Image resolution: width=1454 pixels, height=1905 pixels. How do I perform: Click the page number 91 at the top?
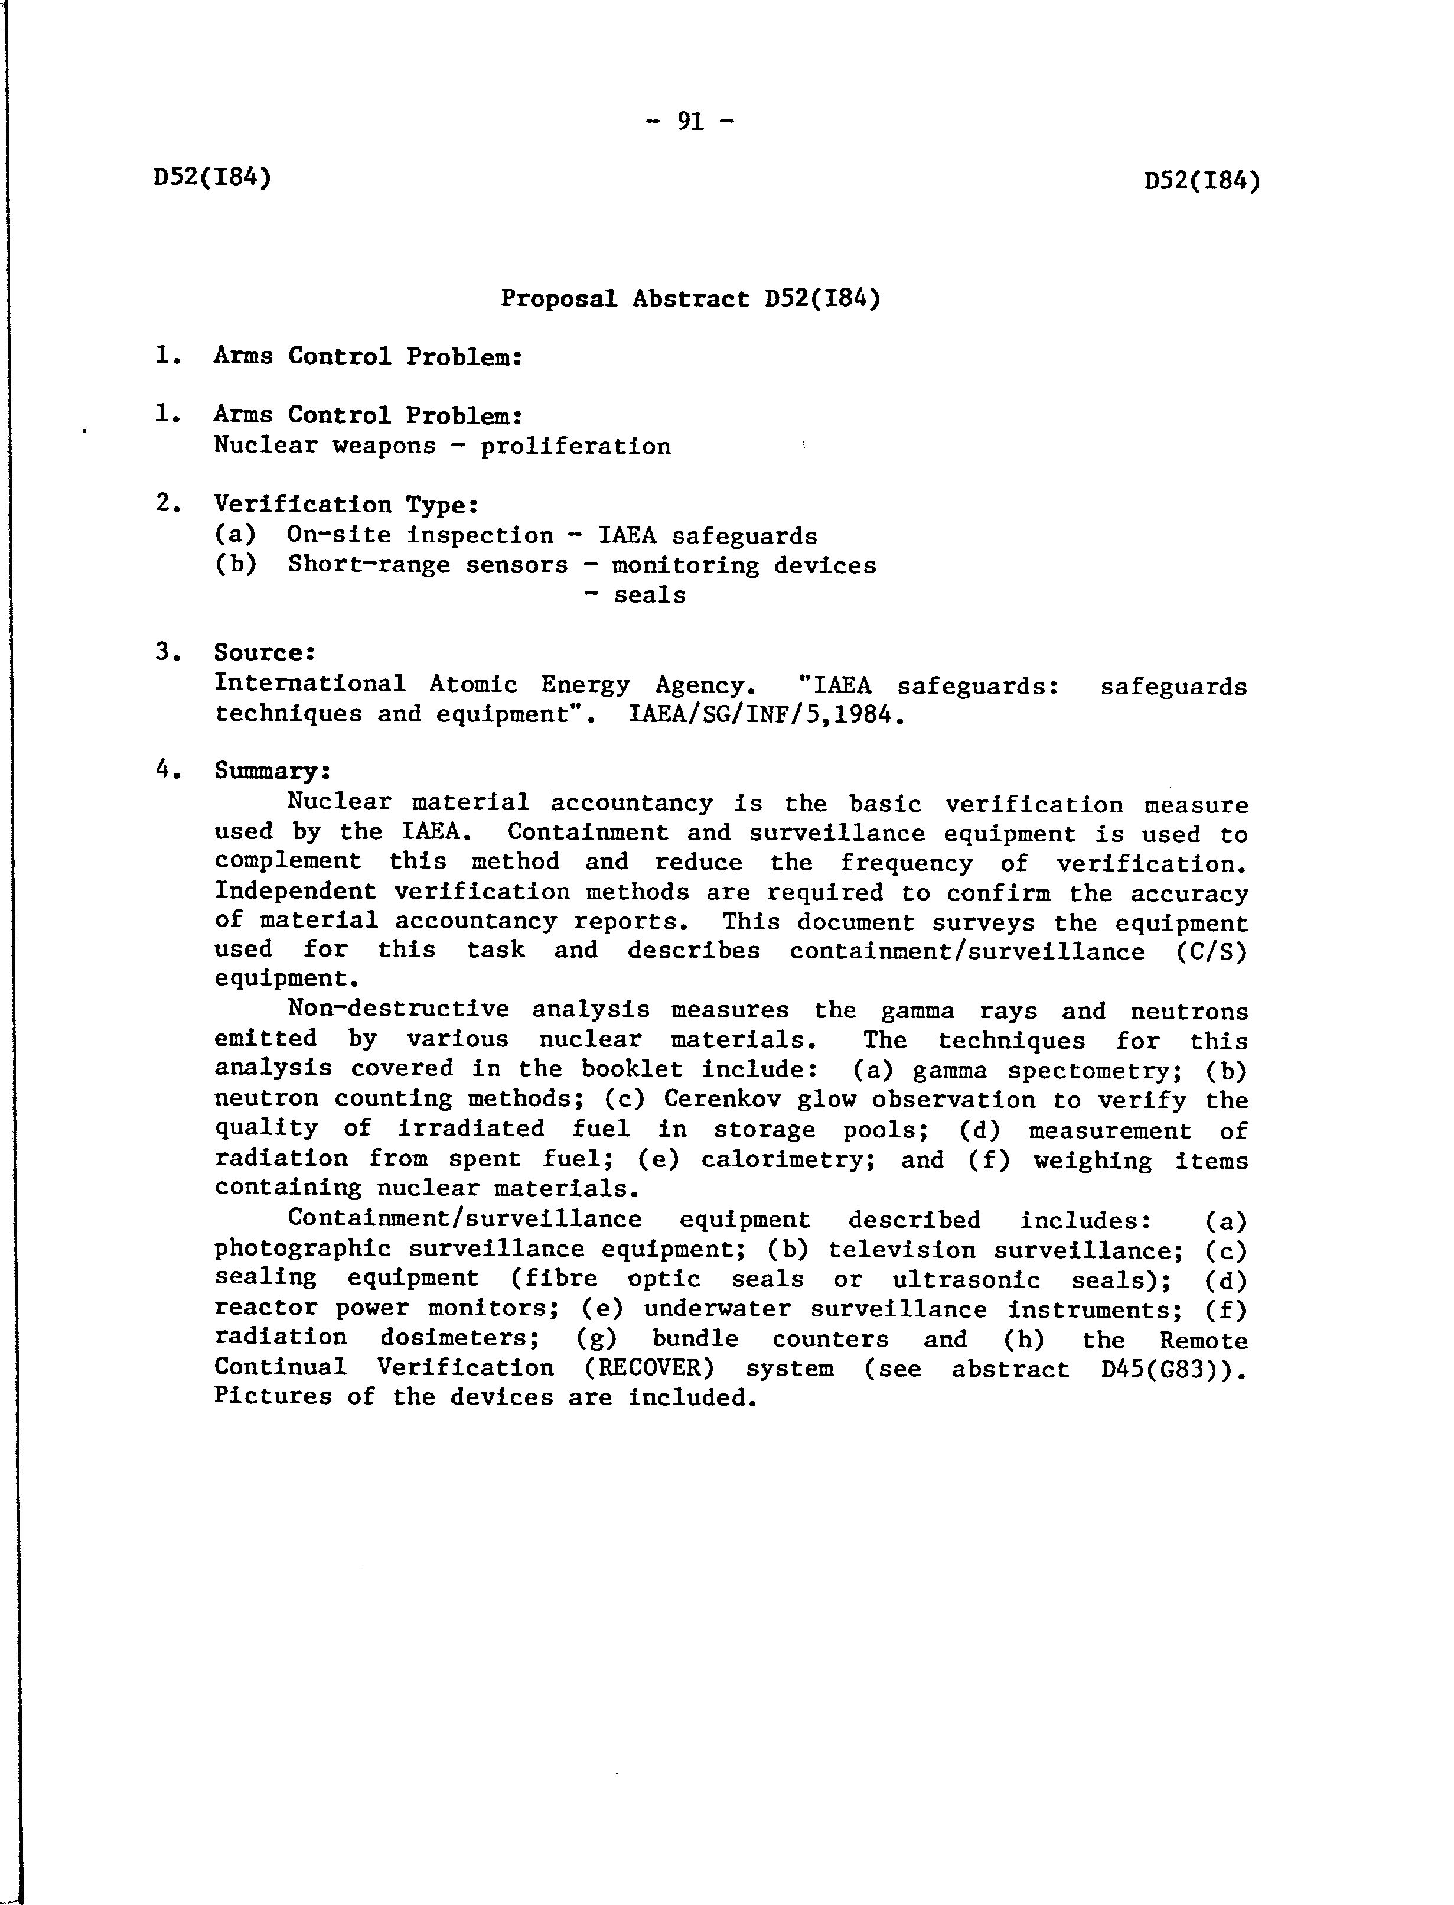pyautogui.click(x=690, y=121)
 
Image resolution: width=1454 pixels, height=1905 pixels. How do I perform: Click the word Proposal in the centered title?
pyautogui.click(x=558, y=299)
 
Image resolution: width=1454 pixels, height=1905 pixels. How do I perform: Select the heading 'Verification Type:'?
pyautogui.click(x=346, y=504)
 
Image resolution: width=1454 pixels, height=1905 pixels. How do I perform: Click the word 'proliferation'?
pyautogui.click(x=576, y=447)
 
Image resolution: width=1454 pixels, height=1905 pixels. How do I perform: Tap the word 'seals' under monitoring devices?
pyautogui.click(x=650, y=596)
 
